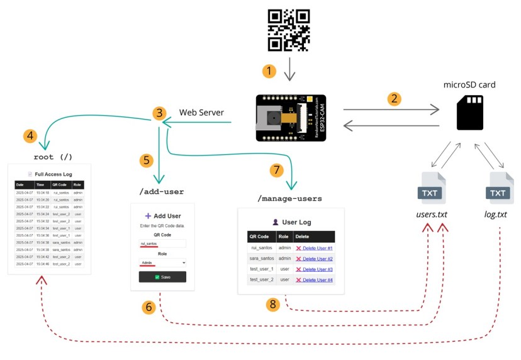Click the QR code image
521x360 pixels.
[289, 30]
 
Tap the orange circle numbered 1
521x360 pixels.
[269, 71]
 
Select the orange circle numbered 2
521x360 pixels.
[395, 98]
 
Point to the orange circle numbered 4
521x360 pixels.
[29, 135]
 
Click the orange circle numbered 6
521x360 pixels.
[149, 307]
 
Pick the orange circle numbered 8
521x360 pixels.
[272, 304]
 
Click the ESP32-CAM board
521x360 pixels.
[289, 118]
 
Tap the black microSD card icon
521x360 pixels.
[469, 113]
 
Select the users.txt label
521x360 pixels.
[432, 215]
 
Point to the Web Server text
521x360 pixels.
[202, 113]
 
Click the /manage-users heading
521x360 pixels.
[289, 198]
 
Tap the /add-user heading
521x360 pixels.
[161, 191]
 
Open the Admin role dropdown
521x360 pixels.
[162, 262]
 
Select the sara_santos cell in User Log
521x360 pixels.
[261, 259]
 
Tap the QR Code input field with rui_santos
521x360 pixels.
[162, 243]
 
